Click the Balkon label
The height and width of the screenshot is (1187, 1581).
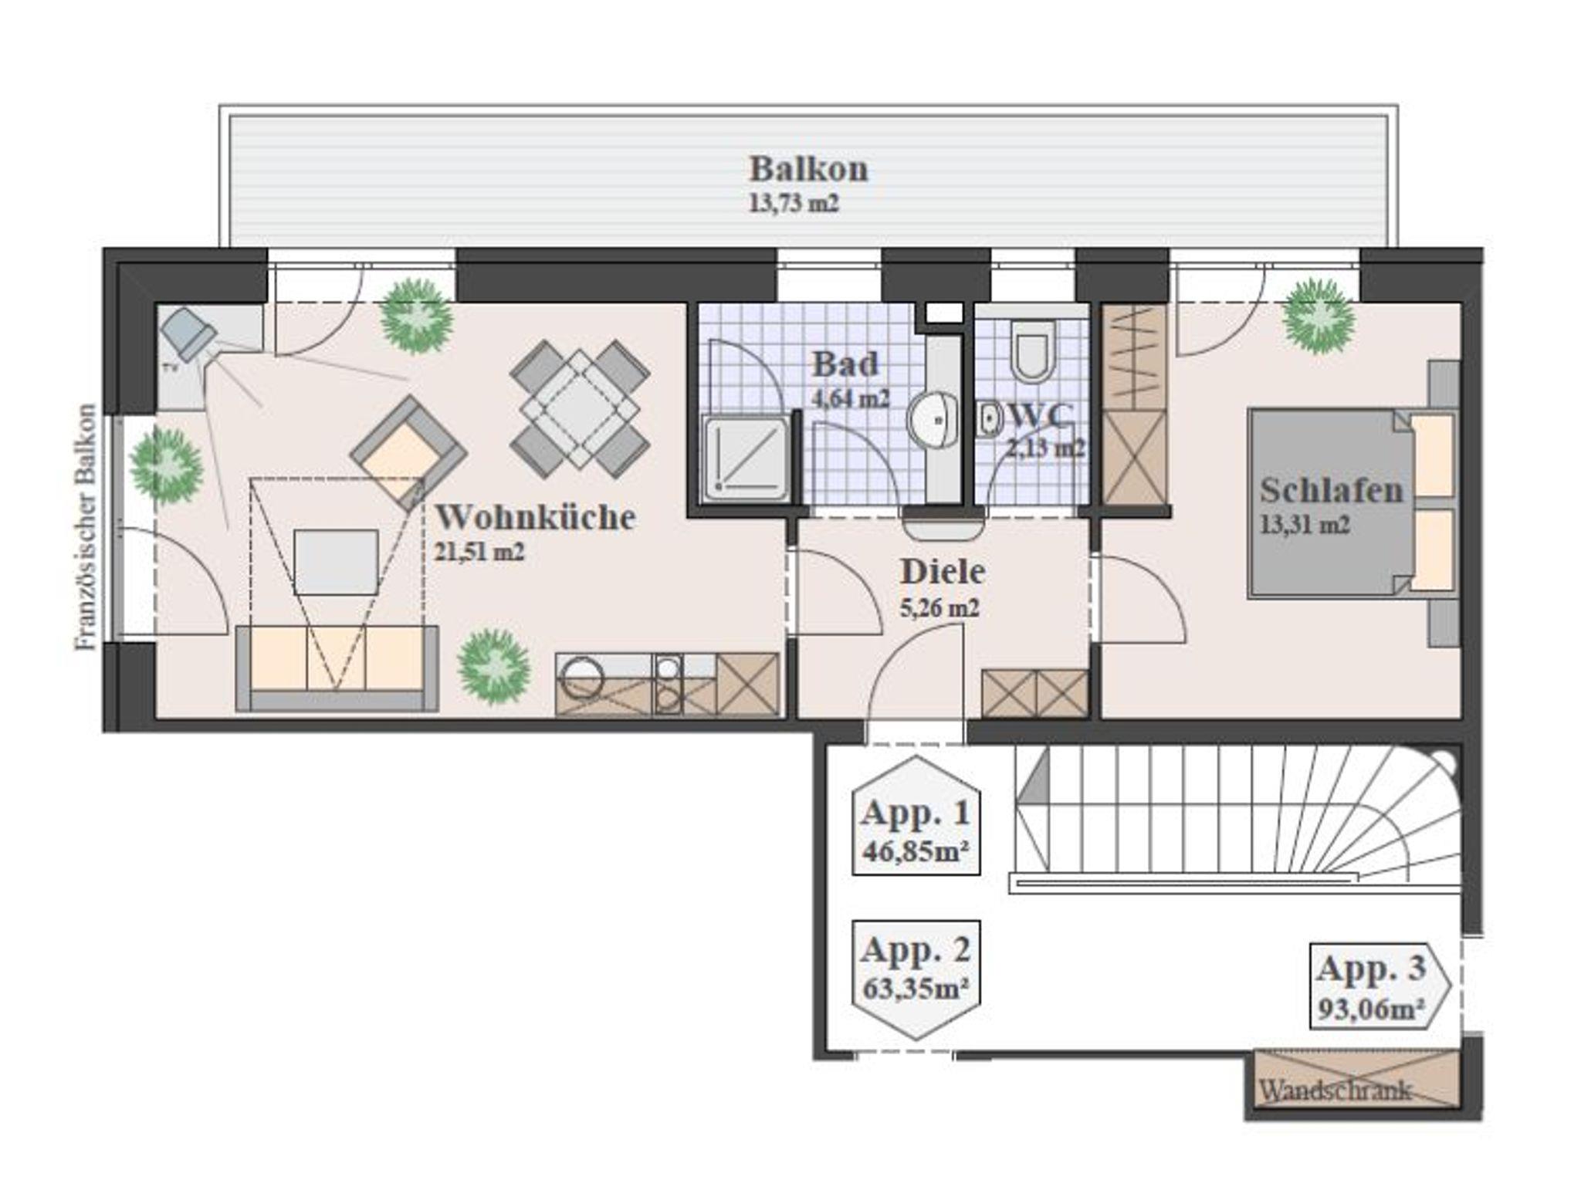coord(808,169)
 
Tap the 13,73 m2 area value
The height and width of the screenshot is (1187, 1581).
coord(794,204)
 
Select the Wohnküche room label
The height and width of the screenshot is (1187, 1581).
coord(536,517)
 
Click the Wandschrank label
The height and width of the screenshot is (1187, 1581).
coord(1336,1091)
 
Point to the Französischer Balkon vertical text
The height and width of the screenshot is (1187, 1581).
coord(88,527)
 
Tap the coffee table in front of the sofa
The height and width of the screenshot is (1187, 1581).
coord(336,562)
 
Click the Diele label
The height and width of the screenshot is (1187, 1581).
coord(943,572)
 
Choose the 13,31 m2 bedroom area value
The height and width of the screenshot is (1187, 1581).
coord(1305,525)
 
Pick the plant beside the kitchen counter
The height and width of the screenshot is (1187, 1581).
coord(494,666)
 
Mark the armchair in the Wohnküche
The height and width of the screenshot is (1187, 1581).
coord(408,453)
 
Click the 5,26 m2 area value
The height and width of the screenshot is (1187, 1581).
coord(940,608)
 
